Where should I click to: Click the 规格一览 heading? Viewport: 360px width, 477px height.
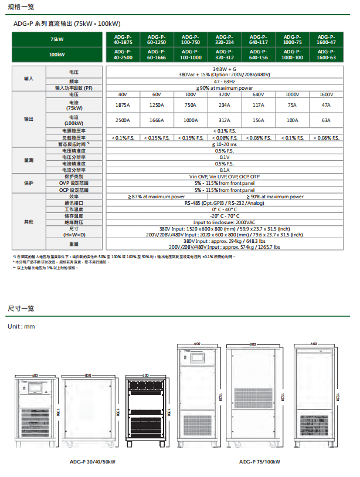[21, 8]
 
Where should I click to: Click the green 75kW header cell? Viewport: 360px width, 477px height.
[57, 39]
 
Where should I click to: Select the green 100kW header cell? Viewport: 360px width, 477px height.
[57, 55]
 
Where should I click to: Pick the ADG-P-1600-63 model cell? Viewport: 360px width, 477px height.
[325, 55]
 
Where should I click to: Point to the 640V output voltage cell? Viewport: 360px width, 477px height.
[258, 94]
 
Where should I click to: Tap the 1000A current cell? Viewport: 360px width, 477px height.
[191, 120]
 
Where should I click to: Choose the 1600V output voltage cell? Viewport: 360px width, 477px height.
[325, 94]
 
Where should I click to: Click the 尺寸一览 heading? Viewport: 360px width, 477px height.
[21, 308]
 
